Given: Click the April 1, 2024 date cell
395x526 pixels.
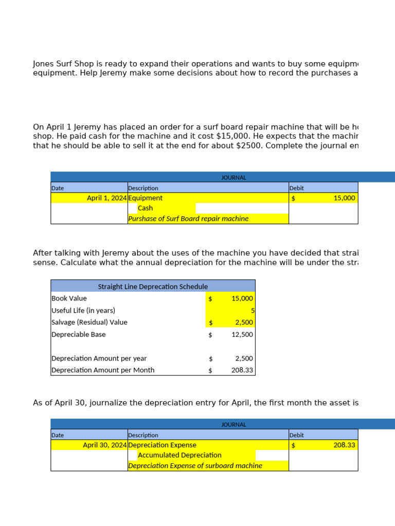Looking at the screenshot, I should tap(107, 198).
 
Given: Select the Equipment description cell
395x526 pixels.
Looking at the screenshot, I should tap(146, 198).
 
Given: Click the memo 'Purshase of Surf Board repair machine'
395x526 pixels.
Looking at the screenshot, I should tap(188, 218).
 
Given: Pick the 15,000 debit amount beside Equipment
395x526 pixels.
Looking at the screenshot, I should tap(344, 198).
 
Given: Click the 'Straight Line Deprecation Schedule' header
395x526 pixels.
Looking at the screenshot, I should tap(153, 286).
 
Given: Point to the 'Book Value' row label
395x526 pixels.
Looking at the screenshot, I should tap(69, 298).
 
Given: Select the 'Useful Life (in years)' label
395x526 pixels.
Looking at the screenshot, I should tap(83, 310).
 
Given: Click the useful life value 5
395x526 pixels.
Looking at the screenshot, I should tap(253, 310).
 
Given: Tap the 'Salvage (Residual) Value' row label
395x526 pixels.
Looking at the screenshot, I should tap(89, 322).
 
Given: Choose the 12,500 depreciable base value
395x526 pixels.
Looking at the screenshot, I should tap(242, 334).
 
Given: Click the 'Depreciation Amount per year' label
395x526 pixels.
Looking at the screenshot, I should tap(99, 358).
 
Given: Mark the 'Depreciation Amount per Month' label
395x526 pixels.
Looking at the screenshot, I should tap(103, 370).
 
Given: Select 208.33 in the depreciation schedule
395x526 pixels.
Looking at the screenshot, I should tap(242, 370).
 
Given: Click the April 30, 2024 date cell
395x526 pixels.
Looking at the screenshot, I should tap(105, 445).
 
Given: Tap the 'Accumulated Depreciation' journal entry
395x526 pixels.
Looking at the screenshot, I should tap(179, 455).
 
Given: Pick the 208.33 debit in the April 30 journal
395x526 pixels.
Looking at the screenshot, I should tap(344, 445).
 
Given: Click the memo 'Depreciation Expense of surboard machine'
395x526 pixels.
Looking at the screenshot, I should tap(195, 465).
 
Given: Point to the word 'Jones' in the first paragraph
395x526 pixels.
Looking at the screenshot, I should tap(44, 64).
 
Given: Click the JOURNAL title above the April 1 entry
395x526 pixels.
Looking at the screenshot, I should tap(234, 177).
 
